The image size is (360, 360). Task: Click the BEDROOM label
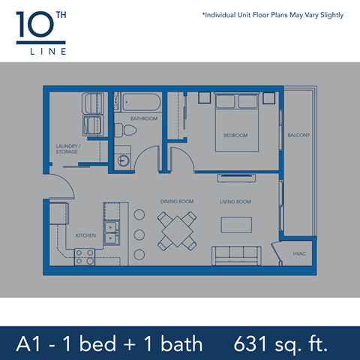tap(235, 135)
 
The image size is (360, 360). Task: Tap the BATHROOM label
tap(143, 118)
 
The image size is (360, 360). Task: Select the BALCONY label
tap(298, 135)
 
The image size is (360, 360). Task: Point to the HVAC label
tap(300, 255)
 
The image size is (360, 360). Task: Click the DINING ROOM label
tap(177, 202)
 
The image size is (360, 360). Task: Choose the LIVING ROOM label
tap(235, 202)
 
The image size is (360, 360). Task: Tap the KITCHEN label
tap(85, 235)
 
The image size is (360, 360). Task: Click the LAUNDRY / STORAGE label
tap(67, 148)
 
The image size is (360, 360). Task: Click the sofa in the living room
tap(235, 256)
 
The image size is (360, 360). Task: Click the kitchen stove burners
tap(84, 257)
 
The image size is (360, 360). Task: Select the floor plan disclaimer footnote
tap(272, 15)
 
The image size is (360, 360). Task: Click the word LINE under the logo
tap(40, 52)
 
